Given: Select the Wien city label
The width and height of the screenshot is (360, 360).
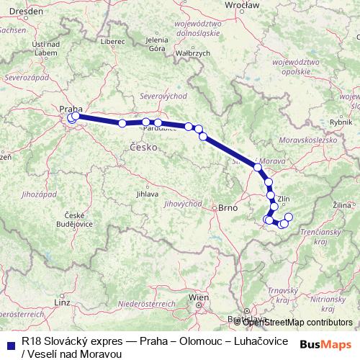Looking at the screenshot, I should pos(197,297).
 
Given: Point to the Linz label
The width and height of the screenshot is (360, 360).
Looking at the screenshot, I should pos(63,303).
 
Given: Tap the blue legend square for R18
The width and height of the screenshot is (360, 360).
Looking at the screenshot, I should pos(10,344).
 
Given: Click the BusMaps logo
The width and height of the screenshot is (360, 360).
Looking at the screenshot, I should pos(325,344).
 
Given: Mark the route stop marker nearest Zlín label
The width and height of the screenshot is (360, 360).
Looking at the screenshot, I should pos(271,195).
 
